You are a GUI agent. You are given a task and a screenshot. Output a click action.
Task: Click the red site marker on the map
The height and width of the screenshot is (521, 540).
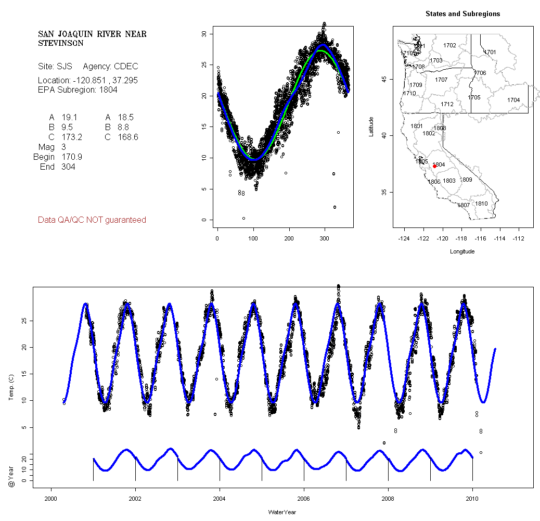point(434,167)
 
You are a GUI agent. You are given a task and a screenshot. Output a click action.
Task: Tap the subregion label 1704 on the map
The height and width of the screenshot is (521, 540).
point(513,100)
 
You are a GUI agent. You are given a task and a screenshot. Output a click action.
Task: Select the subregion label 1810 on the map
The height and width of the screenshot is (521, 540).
point(482,204)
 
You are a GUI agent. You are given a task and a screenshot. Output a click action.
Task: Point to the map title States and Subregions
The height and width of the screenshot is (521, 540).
point(462,14)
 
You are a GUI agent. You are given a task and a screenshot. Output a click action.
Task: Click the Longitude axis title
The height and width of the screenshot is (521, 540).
point(462,251)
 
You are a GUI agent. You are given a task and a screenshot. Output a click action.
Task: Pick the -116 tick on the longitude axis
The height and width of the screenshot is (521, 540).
point(480,238)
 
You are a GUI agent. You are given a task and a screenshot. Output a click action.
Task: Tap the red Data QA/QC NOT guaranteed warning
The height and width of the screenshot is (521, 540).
point(92,220)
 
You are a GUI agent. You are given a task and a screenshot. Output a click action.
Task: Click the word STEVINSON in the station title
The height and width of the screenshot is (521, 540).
point(60,44)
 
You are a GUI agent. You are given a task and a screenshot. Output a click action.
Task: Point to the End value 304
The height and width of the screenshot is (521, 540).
point(68,167)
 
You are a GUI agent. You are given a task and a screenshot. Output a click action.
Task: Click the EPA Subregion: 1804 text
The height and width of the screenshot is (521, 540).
point(78,90)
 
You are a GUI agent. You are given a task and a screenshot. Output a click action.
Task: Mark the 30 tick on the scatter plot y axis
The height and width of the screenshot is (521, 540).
point(204,34)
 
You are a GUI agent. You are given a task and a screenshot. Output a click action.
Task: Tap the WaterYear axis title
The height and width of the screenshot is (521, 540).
point(282,512)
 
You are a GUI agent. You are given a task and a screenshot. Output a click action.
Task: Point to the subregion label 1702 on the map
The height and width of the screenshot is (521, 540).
point(449,46)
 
